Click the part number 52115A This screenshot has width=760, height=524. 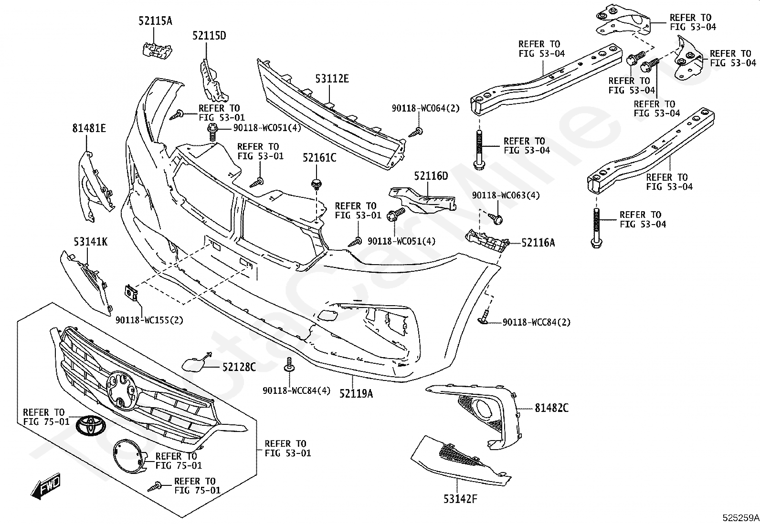click(155, 21)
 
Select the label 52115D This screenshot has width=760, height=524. click(209, 36)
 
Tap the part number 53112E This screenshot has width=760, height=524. click(332, 79)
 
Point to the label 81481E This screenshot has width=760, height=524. click(89, 128)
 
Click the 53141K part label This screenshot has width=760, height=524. click(90, 242)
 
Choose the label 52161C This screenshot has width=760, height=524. click(319, 157)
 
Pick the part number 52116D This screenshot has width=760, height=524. click(431, 176)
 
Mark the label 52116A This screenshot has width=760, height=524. click(538, 243)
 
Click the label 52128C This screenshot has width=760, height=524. click(239, 367)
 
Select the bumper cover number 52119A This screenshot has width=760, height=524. click(356, 393)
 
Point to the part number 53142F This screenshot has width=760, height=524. click(461, 499)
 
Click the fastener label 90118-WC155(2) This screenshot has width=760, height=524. click(149, 320)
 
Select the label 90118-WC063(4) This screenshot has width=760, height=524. click(506, 195)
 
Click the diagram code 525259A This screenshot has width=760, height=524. click(739, 518)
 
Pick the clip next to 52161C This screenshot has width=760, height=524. click(316, 183)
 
